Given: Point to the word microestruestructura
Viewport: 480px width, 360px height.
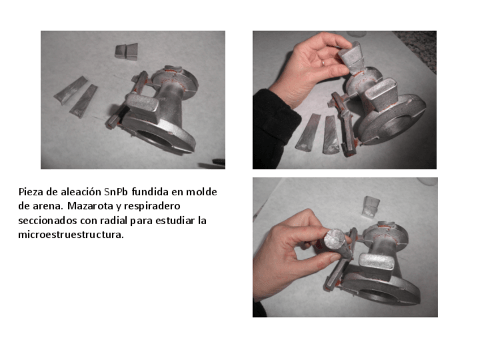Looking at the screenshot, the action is click(x=71, y=235).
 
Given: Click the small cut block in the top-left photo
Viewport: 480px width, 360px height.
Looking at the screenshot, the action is click(x=126, y=52).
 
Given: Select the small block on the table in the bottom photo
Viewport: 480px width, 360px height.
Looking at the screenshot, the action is click(x=371, y=206).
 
